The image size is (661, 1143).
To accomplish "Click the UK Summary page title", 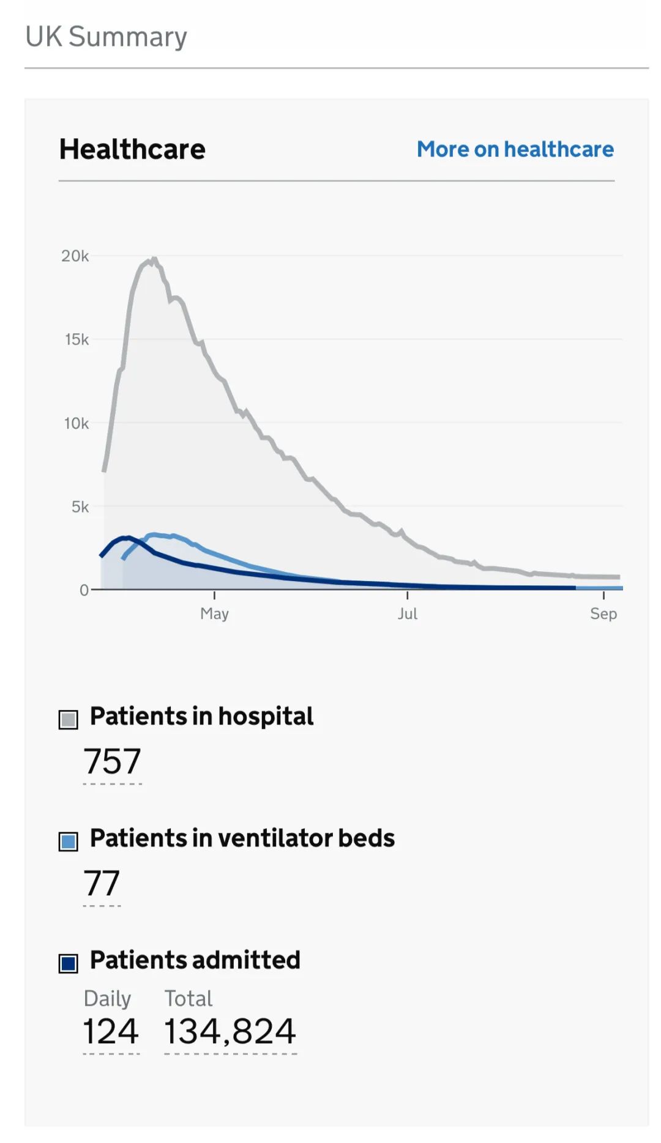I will point(106,37).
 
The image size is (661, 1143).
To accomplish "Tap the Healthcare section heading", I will point(132,149).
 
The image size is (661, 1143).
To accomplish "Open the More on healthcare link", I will point(515,149).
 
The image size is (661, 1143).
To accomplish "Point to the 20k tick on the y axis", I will point(75,256).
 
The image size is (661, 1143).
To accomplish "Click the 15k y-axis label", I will point(77,339).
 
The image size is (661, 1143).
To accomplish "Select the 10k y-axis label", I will point(77,423).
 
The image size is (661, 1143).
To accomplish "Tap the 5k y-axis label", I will point(80,507).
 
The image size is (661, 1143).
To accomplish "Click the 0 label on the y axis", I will point(84,590).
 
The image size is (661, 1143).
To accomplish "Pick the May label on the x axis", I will point(214,613).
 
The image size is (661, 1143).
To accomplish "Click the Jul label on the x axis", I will point(408,613).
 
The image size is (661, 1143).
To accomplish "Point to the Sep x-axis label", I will point(603,613).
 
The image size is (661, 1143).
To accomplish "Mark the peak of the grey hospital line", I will point(154,259).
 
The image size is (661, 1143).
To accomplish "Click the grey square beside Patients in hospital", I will point(69,720).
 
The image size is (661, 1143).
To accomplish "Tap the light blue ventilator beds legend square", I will point(69,842).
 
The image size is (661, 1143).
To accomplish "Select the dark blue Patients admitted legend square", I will point(69,963).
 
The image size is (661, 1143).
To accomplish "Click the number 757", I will point(113,761).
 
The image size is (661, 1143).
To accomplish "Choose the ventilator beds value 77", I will point(102,883).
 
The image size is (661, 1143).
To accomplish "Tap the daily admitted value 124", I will point(111,1031).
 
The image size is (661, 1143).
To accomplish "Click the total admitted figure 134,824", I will point(230,1031).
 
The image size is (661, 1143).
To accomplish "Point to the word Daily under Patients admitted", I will point(107,998).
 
